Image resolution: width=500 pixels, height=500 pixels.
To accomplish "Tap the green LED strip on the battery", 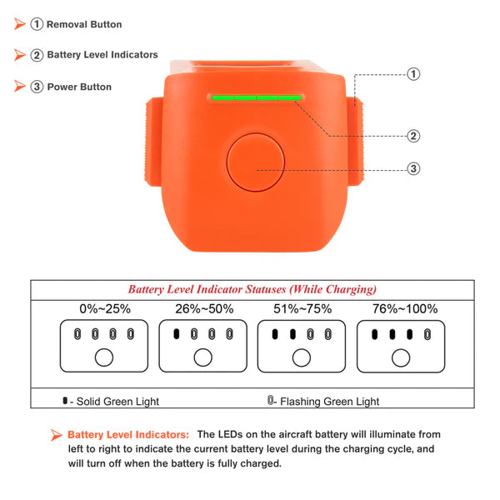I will point(256,97).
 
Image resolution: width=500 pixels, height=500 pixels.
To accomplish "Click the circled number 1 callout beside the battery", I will point(413,74).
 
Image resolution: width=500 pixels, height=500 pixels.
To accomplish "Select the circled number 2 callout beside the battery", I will point(413,136).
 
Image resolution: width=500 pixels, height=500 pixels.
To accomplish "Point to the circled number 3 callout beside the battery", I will point(413,168).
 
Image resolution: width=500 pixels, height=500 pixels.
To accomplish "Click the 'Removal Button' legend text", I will point(84,25).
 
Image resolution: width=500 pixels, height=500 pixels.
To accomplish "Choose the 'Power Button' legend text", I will point(79,87).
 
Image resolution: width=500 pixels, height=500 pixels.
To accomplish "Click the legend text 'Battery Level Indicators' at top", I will point(102,55).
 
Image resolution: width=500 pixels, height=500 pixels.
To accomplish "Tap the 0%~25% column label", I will point(104,308).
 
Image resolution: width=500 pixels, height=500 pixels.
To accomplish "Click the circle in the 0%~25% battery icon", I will point(104,357).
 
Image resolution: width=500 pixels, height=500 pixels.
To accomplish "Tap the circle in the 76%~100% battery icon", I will point(402,357).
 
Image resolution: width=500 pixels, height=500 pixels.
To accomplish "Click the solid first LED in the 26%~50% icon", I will point(177,335).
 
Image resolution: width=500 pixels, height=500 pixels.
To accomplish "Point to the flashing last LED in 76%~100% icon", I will point(428,335).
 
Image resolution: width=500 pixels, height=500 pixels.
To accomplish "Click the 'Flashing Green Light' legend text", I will point(329,402).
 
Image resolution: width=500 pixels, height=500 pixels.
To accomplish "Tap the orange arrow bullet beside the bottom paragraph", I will point(57,435).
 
